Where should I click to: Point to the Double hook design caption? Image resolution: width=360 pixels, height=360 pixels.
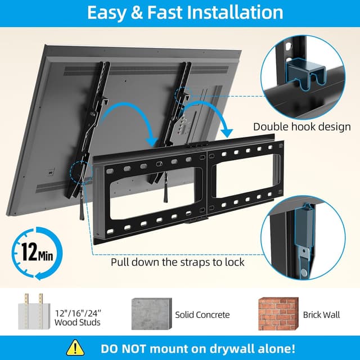tap(301, 127)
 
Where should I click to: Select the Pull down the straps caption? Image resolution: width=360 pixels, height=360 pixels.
tap(177, 262)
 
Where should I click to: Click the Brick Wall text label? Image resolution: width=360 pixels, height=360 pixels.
tap(322, 314)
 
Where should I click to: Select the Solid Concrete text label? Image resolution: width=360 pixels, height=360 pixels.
tap(202, 314)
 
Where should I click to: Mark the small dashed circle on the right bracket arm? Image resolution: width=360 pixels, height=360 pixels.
tap(185, 93)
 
